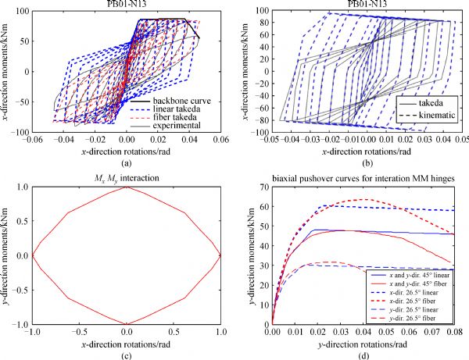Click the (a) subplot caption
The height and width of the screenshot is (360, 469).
[x=127, y=162]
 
